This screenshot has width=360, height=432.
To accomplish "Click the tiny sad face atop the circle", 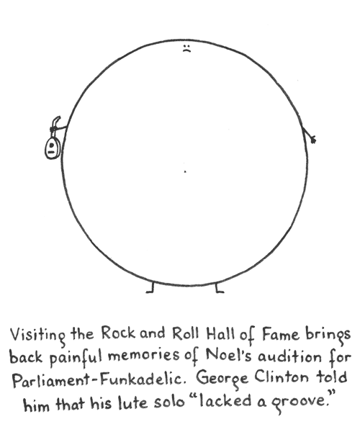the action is click(186, 48).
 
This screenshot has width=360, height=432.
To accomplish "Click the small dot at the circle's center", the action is click(185, 171).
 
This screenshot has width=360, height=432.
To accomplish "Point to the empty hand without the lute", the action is click(312, 140).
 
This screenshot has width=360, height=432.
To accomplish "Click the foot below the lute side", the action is click(150, 288).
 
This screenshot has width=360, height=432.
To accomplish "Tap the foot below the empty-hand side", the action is click(220, 288).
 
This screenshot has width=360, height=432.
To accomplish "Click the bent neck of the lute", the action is click(55, 122).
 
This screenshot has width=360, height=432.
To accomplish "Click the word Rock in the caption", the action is click(118, 333).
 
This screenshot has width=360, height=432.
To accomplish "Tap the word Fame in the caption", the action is click(280, 335).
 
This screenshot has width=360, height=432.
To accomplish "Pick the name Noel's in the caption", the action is click(229, 355).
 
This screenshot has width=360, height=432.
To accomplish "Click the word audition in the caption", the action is click(289, 356).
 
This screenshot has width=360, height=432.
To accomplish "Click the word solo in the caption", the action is click(169, 402).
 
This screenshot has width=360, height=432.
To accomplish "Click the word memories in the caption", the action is click(143, 356).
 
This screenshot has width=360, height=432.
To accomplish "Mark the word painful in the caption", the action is click(76, 358).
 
